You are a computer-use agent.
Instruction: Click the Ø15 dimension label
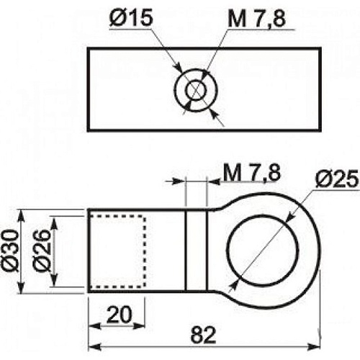coord(131,18)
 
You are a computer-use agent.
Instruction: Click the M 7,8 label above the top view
coord(256,19)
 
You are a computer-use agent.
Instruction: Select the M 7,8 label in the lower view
coord(252,173)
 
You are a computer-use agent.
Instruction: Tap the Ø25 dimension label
coord(337,179)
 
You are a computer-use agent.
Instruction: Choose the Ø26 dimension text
coord(42,251)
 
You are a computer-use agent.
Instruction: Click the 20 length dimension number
coord(120,315)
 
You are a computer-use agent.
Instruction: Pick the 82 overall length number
coord(203,335)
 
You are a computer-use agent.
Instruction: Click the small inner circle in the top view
coord(196,80)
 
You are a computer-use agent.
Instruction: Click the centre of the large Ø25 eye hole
coord(263,251)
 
